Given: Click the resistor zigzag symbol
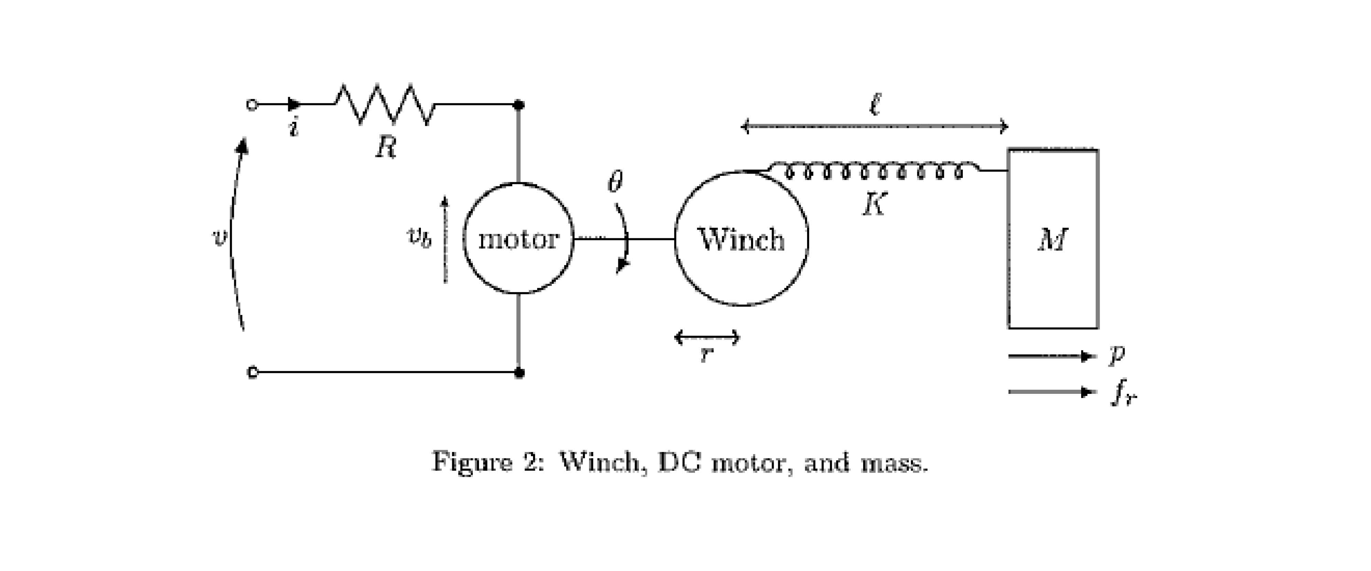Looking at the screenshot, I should (x=384, y=104).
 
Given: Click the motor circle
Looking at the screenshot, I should (x=519, y=238).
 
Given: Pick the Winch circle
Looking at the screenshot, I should (x=741, y=239).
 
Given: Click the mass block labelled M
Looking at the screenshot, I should (x=1053, y=239).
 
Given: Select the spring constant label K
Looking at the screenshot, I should (x=874, y=204).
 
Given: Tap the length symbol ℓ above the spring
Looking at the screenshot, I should (x=874, y=104).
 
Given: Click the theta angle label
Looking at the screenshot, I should (x=615, y=183).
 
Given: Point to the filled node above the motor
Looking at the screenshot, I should (x=519, y=105).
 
